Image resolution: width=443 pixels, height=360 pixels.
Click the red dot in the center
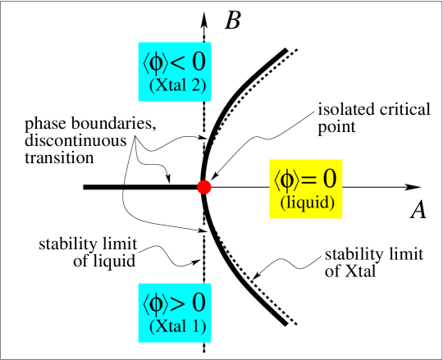pos(204,187)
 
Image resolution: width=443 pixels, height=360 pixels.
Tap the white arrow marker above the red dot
pos(202,137)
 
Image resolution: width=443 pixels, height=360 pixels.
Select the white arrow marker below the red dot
pos(202,230)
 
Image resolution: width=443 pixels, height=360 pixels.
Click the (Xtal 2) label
pos(177,84)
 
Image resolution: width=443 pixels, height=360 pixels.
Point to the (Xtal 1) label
pos(177,327)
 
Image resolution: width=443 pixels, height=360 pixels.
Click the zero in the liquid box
pos(329,178)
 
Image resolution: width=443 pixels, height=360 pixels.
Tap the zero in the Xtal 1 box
pos(198,303)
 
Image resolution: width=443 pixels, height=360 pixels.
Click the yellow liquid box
pos(306,189)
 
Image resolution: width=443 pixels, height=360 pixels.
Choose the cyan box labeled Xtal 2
pos(175,72)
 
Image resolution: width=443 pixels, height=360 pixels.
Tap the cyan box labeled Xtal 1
pos(175,312)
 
